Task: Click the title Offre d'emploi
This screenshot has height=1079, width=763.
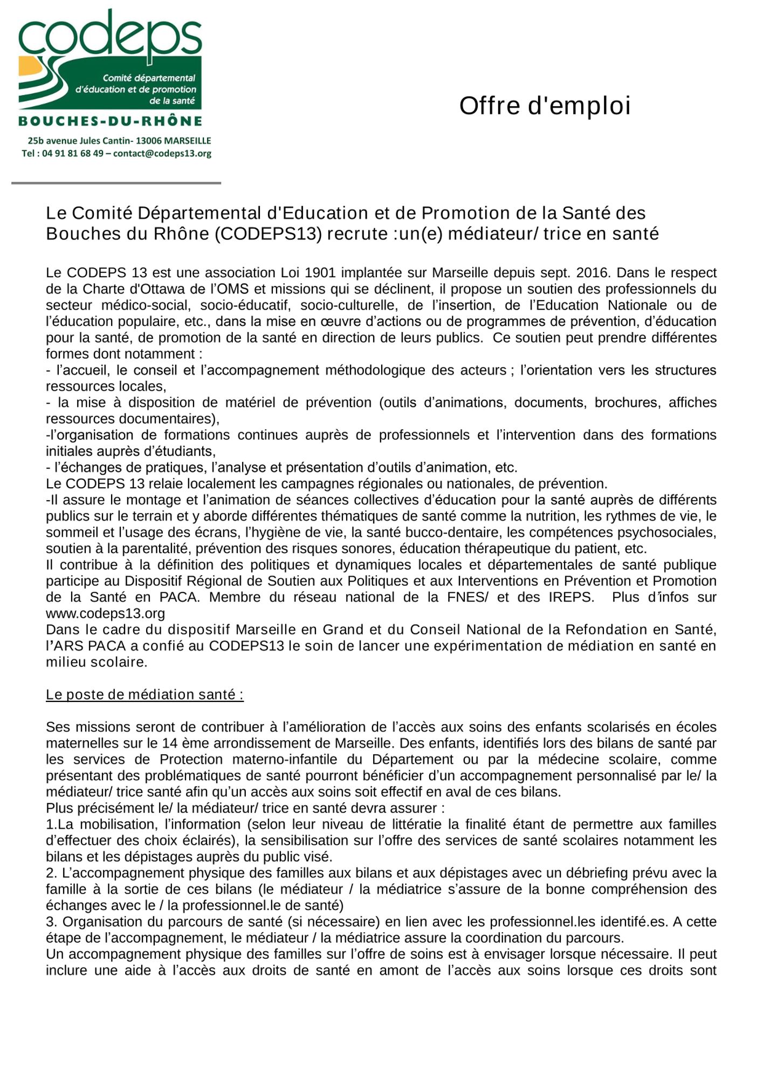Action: [545, 106]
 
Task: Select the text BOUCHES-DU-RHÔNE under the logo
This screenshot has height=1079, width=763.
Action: [110, 121]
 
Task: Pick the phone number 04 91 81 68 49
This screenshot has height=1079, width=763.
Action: [73, 154]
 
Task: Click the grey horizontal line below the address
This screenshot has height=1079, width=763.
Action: [116, 183]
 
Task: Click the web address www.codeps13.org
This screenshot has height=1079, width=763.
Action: [105, 613]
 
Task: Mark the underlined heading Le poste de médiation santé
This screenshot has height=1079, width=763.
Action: [145, 694]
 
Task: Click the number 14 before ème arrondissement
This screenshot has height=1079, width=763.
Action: [170, 743]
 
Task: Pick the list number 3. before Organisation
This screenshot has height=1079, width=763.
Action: [51, 921]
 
